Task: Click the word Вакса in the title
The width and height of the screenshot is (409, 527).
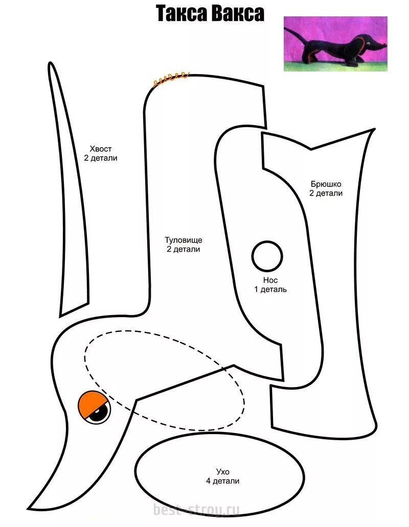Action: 238,14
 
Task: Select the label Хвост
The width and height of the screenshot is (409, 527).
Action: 101,149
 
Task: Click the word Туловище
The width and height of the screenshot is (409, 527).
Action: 183,239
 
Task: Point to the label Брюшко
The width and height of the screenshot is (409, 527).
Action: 326,183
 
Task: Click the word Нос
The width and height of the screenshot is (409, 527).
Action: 270,280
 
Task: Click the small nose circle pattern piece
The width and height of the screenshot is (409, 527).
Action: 267,256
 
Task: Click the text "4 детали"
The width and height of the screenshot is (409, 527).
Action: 223,481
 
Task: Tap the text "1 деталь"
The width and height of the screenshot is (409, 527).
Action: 270,290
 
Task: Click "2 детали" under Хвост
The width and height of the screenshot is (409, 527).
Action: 101,158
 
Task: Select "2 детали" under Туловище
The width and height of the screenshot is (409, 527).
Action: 183,249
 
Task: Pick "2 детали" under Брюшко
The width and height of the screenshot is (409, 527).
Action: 326,193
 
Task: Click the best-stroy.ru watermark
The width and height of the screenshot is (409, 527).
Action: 196,509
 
